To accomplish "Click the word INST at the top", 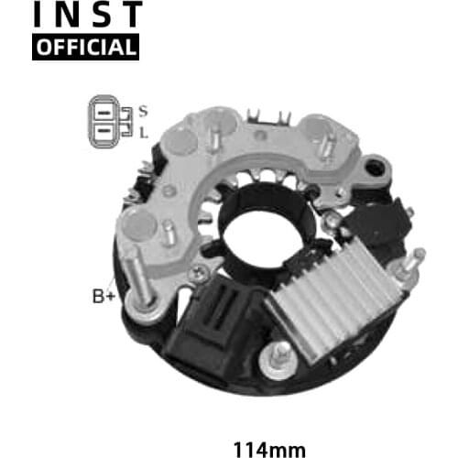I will pyautogui.click(x=87, y=15).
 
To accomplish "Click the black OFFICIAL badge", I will pyautogui.click(x=85, y=46).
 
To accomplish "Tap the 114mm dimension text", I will pyautogui.click(x=267, y=425).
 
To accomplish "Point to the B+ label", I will pyautogui.click(x=104, y=296).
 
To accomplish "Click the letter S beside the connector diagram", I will pyautogui.click(x=144, y=111).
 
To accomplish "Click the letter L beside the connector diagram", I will pyautogui.click(x=144, y=133).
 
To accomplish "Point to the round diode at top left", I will pyautogui.click(x=180, y=140).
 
